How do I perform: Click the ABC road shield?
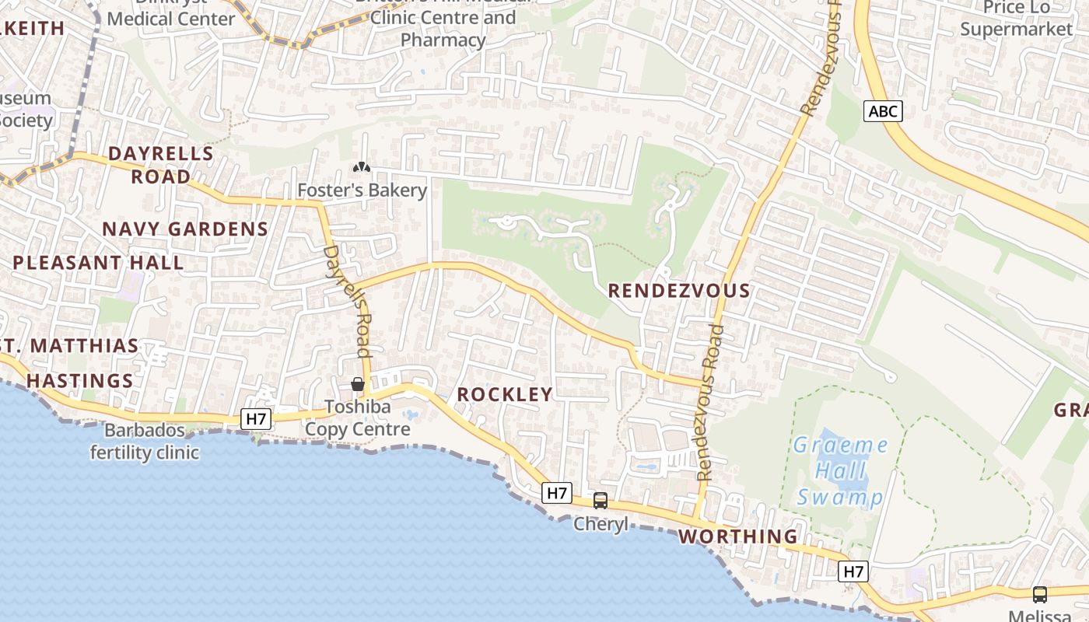pos(883,112)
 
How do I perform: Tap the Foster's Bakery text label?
pos(362,190)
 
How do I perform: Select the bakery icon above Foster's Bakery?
pos(362,166)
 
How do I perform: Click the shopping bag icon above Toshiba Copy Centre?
pos(357,384)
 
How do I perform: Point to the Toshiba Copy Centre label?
pos(357,418)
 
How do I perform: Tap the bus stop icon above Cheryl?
pos(601,501)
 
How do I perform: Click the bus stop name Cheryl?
pos(601,524)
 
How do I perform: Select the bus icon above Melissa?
pos(1039,595)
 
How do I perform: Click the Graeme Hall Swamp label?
pos(840,471)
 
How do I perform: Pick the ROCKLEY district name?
pos(505,395)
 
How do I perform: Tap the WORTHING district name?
pos(738,536)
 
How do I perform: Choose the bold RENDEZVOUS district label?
pos(679,291)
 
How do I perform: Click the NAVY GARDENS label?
pos(185,229)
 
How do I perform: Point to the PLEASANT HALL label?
pos(98,263)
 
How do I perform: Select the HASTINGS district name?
pos(79,381)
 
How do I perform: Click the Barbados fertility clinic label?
pos(145,441)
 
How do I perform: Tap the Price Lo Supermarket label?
pos(1016,19)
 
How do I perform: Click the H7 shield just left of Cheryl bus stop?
pos(557,493)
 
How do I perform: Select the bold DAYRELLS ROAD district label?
pos(161,165)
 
